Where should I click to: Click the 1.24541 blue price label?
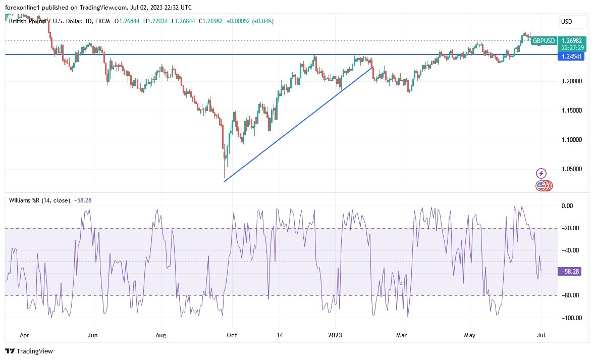[x=571, y=57]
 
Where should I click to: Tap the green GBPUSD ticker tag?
[x=544, y=41]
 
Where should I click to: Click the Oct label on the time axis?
[x=232, y=335]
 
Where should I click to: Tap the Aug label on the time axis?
[x=160, y=335]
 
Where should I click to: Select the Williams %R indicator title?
[x=39, y=200]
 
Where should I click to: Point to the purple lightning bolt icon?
[x=541, y=174]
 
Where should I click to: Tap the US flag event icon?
[x=541, y=186]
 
